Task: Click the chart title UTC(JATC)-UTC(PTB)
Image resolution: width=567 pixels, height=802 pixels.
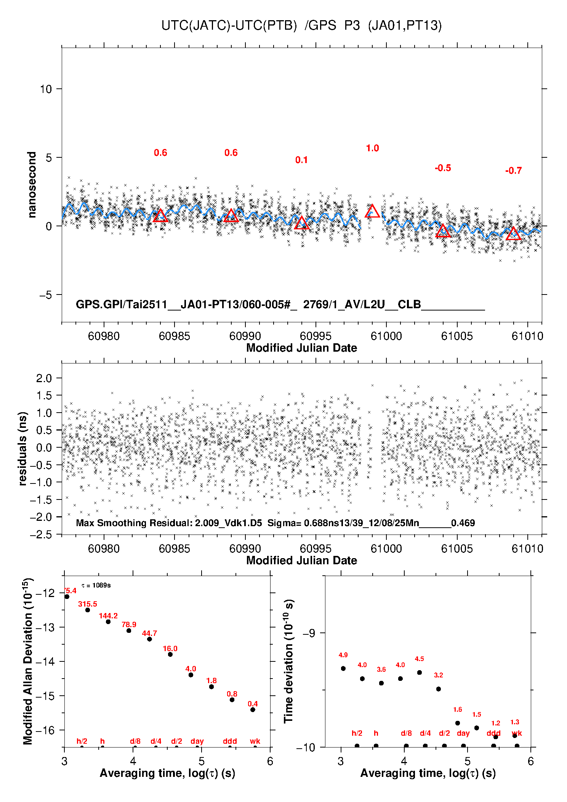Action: coord(229,26)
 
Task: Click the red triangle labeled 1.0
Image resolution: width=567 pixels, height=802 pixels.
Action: coord(372,211)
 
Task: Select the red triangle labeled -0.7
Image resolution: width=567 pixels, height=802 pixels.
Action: coord(513,234)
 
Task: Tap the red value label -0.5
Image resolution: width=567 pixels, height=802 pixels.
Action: coord(443,168)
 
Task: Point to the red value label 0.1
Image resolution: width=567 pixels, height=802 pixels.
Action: coord(301,160)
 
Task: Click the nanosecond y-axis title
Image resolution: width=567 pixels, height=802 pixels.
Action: coord(32,185)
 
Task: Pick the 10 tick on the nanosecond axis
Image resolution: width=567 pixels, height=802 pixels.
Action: coord(46,89)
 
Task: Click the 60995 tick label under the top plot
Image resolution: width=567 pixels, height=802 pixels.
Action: coord(316,336)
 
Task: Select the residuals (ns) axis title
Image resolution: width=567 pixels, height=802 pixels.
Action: coord(22,448)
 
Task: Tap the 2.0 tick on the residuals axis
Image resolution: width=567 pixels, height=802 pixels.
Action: coord(44,378)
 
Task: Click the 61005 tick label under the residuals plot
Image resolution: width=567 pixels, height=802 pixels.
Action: coord(456,549)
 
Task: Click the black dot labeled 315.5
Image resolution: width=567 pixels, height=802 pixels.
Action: coord(88,610)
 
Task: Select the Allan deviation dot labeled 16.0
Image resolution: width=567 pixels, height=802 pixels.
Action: coord(170,655)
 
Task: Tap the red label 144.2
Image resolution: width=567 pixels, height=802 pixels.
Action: coord(108,616)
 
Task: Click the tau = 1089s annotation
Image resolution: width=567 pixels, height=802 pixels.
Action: coord(96,585)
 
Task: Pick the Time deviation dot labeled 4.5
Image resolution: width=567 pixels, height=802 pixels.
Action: coord(420,672)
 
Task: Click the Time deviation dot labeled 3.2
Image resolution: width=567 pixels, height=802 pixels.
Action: coord(439,689)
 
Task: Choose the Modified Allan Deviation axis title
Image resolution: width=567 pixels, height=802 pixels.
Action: coord(28,661)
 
